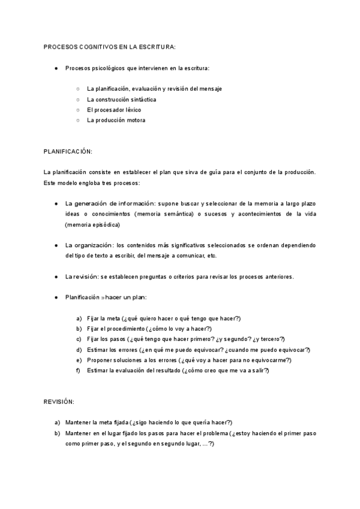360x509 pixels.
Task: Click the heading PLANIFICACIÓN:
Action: pyautogui.click(x=68, y=151)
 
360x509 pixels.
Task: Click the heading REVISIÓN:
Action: pyautogui.click(x=59, y=400)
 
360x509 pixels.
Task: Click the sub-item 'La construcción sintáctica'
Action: pyautogui.click(x=122, y=100)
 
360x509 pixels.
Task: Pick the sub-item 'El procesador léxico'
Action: pyautogui.click(x=114, y=110)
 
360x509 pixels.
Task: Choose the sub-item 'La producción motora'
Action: pyautogui.click(x=116, y=120)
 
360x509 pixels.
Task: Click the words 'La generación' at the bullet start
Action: pyautogui.click(x=86, y=203)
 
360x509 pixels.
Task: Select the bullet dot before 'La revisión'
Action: pyautogui.click(x=56, y=277)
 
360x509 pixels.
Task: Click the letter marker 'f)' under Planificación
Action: pyautogui.click(x=79, y=370)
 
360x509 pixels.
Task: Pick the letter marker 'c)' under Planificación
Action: pyautogui.click(x=79, y=339)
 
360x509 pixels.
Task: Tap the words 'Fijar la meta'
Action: pyautogui.click(x=103, y=318)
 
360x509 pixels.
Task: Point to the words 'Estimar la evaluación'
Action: pyautogui.click(x=116, y=370)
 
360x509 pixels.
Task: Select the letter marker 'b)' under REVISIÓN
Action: pyautogui.click(x=57, y=433)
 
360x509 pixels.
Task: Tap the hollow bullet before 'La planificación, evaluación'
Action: pyautogui.click(x=78, y=89)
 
